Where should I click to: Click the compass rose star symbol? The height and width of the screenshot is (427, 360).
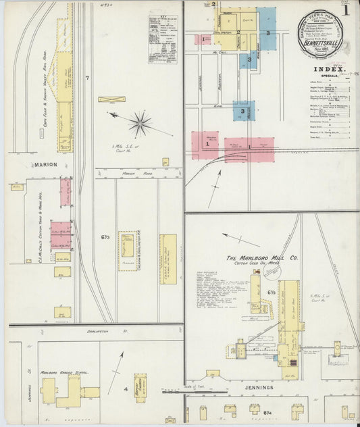pyautogui.click(x=140, y=123)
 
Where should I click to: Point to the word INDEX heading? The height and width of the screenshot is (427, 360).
pyautogui.click(x=329, y=69)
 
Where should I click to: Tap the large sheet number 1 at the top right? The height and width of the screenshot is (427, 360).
pyautogui.click(x=345, y=10)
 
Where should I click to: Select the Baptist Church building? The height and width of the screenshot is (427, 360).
pyautogui.click(x=140, y=387)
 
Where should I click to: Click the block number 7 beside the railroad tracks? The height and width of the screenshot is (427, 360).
pyautogui.click(x=86, y=79)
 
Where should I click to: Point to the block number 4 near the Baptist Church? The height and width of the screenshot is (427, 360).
pyautogui.click(x=125, y=389)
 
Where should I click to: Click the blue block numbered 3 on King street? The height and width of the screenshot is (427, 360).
pyautogui.click(x=243, y=110)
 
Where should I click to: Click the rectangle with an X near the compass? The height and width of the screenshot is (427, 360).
pyautogui.click(x=111, y=99)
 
